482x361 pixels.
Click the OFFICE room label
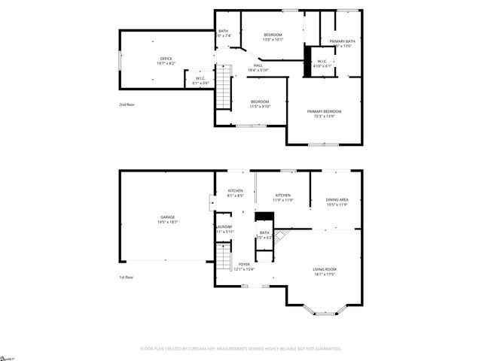(x=166, y=59)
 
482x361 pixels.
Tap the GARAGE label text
(x=167, y=217)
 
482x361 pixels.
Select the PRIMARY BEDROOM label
(x=325, y=111)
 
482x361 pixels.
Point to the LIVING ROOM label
(x=325, y=268)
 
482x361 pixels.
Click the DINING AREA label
(x=337, y=199)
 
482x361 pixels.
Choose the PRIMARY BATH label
(x=342, y=41)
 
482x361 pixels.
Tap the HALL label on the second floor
(x=258, y=65)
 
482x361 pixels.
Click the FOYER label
(x=245, y=264)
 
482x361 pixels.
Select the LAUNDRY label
(x=224, y=226)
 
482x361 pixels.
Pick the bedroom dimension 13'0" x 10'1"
(x=273, y=41)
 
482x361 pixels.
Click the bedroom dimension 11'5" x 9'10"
(x=260, y=106)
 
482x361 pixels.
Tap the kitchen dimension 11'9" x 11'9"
(x=283, y=200)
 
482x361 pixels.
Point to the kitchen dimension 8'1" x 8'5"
(x=236, y=196)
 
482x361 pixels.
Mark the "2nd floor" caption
(x=127, y=105)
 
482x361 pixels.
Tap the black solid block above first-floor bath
(x=264, y=217)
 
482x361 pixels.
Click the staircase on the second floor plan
(x=222, y=86)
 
